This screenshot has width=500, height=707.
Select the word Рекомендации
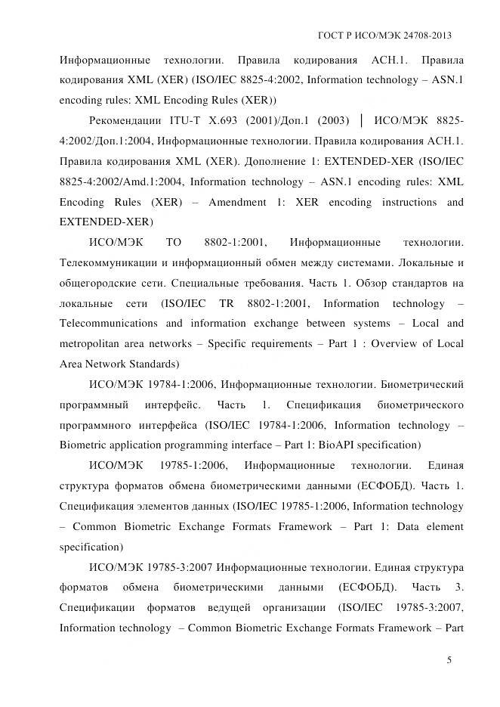point(124,120)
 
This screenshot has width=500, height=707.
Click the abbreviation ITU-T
point(190,120)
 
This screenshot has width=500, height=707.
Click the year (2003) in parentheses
point(332,120)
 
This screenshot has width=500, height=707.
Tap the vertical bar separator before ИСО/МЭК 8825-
point(363,120)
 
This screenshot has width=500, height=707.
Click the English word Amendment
point(225,202)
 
